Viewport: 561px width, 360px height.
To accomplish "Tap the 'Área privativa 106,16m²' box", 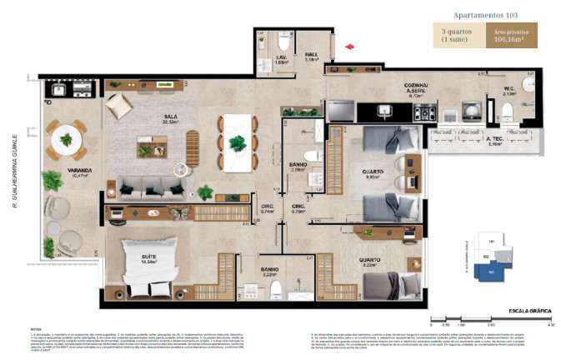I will pyautogui.click(x=510, y=37).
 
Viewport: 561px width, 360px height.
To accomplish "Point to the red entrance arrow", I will pyautogui.click(x=352, y=47).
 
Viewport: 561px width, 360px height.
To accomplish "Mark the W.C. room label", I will pyautogui.click(x=509, y=92).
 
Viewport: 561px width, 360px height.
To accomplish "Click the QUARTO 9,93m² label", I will pyautogui.click(x=373, y=174).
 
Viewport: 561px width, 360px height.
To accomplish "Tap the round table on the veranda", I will pyautogui.click(x=66, y=139).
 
